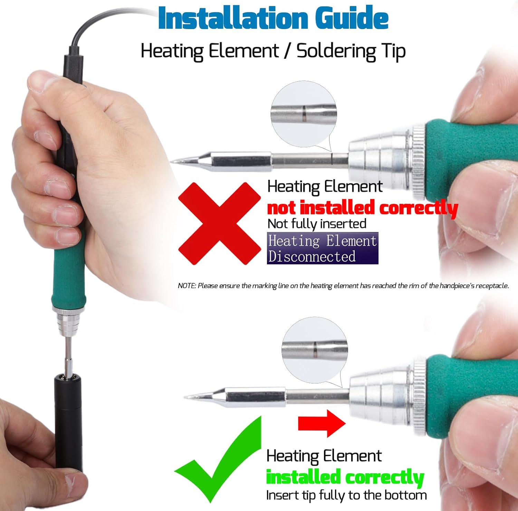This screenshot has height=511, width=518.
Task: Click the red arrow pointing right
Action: click(x=321, y=423)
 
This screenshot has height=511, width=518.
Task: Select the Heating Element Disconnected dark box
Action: click(x=322, y=248)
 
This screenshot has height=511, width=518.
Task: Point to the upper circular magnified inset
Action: click(x=304, y=114)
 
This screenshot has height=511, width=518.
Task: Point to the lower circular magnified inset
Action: click(x=315, y=350)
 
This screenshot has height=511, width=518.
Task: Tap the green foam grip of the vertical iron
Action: click(x=68, y=277)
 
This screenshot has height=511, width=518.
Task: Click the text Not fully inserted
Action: click(x=317, y=224)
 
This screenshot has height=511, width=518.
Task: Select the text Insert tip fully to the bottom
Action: click(x=346, y=495)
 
